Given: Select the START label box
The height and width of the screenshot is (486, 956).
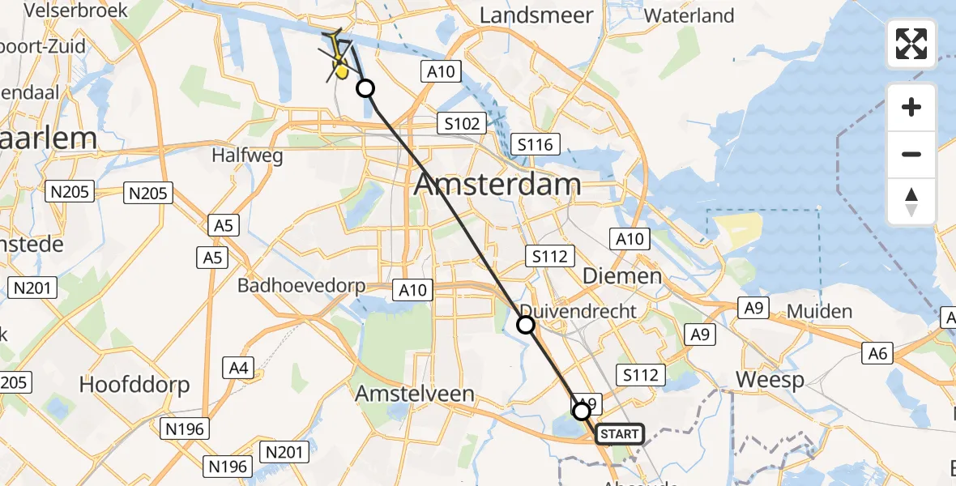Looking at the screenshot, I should (x=620, y=435).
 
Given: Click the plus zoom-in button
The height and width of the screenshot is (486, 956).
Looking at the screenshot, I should (x=911, y=107).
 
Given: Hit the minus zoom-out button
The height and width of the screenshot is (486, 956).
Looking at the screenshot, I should (x=911, y=154).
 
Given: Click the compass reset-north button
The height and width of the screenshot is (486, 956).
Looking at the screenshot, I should (x=911, y=202).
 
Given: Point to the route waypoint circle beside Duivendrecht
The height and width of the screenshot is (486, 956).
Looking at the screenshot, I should (x=526, y=326).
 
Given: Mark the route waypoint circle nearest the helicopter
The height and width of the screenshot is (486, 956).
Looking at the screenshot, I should (x=365, y=88).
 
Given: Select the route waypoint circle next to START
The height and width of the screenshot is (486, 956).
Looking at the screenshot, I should (x=582, y=411).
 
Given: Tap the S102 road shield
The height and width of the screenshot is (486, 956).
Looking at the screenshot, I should (x=462, y=124).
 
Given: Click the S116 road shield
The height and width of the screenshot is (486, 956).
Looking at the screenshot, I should (x=535, y=145).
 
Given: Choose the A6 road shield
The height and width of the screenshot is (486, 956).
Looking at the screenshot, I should (x=878, y=352).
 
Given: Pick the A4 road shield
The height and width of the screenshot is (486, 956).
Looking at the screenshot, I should (x=237, y=368).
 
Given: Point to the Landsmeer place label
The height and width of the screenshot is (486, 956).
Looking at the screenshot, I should (x=536, y=15).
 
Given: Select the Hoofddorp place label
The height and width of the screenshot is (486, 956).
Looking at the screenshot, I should (x=134, y=385).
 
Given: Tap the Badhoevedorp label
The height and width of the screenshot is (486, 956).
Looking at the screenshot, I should (x=301, y=286).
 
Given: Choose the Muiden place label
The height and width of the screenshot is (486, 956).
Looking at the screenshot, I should (x=820, y=312).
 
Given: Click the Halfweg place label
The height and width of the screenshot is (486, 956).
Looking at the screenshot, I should (x=248, y=155).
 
